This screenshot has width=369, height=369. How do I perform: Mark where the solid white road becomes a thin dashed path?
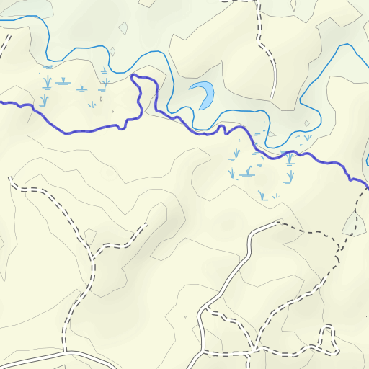click(278, 223)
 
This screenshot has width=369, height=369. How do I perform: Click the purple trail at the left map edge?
click(1, 103)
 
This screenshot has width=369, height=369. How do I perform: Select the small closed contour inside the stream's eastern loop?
click(307, 123)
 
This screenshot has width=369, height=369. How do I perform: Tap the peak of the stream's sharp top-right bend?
click(341, 45)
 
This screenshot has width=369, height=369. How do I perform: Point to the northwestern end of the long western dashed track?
click(11, 177)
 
